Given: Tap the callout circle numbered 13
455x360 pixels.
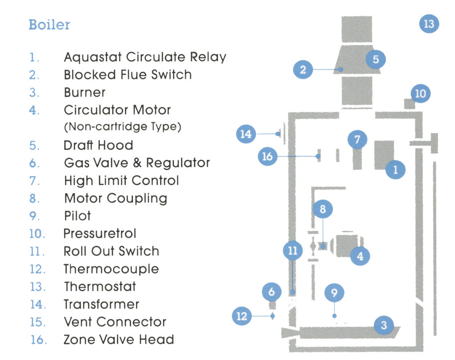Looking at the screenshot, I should point(429,24).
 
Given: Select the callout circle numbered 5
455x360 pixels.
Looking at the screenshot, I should point(375,59).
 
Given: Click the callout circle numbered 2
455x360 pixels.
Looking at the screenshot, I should point(303,70).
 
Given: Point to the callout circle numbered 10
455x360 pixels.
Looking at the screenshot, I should point(420,94).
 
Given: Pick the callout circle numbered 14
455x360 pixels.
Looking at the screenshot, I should point(246,134).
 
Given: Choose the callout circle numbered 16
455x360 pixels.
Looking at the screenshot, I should point(267,156).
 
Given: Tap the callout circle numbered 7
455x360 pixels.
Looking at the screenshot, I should point(357,140).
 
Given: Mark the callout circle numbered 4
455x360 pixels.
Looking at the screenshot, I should point(360,256).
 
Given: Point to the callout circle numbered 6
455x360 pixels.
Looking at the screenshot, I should point(272,292).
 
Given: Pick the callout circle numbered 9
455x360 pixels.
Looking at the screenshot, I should point(335,293).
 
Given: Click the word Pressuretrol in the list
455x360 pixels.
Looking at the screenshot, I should point(100,233).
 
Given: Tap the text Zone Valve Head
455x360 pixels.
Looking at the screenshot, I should point(119,340).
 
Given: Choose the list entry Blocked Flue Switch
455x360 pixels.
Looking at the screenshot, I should point(128,75).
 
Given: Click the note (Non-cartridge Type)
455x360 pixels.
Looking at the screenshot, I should point(123,127).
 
